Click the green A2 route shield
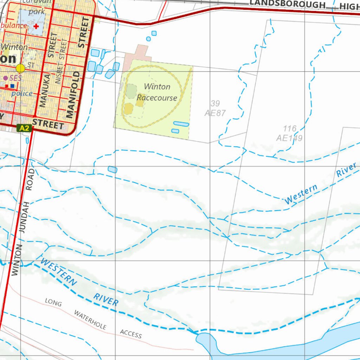coord(24,128)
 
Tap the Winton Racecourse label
coord(157,92)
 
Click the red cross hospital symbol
coord(36,26)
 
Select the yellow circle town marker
coord(20,68)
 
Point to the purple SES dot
coord(6,78)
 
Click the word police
coord(22,94)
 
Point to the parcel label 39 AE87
coord(215,108)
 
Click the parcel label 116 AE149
coord(289,134)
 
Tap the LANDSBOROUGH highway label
coord(287,5)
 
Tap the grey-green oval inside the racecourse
coord(131,91)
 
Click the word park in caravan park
coord(37,12)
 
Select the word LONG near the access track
coord(53,302)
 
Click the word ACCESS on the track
coord(131,334)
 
